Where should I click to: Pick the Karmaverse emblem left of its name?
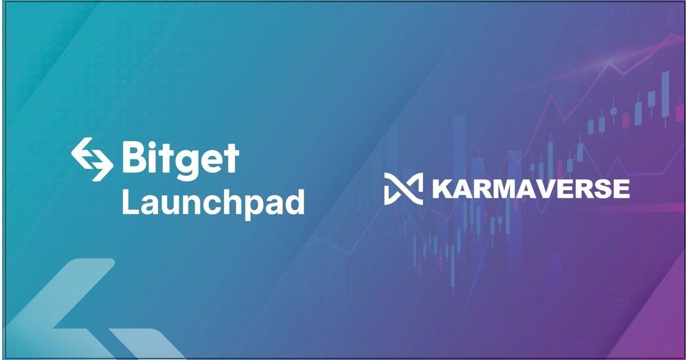[x=403, y=189]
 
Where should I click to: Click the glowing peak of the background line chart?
[x=609, y=63]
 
